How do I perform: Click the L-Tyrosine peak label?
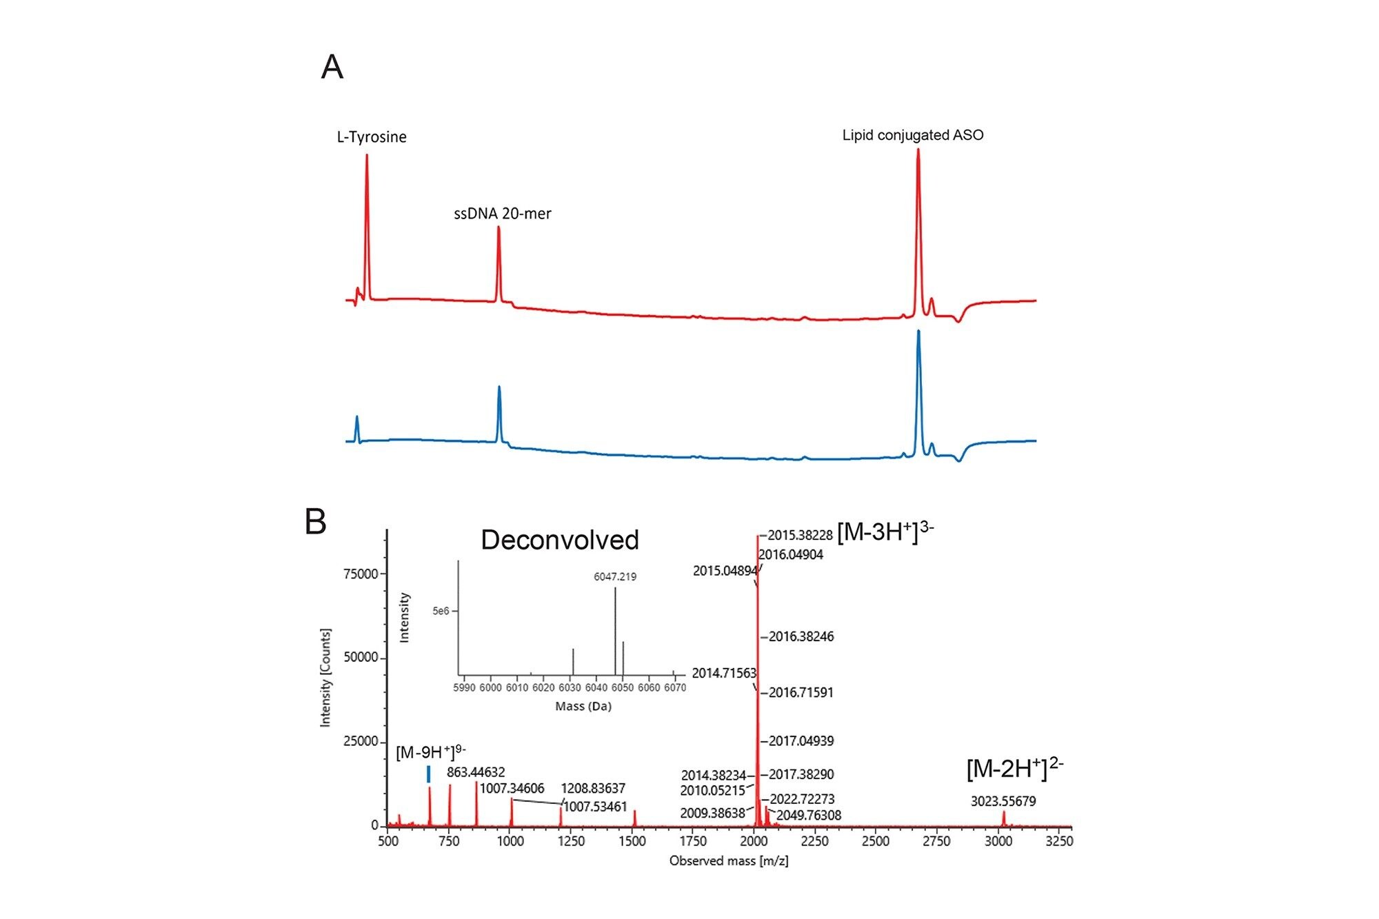pyautogui.click(x=372, y=137)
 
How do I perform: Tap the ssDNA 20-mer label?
pyautogui.click(x=502, y=214)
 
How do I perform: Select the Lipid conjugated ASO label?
pyautogui.click(x=912, y=135)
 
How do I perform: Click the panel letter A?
pyautogui.click(x=332, y=68)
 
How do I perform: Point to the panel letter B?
pyautogui.click(x=316, y=522)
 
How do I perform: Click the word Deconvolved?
pyautogui.click(x=559, y=540)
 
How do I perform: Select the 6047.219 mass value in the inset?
pyautogui.click(x=615, y=576)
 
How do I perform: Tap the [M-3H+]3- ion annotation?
pyautogui.click(x=885, y=533)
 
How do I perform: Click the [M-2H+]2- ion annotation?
pyautogui.click(x=1014, y=769)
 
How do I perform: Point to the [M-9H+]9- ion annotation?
pyautogui.click(x=430, y=751)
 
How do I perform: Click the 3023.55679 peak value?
pyautogui.click(x=1003, y=801)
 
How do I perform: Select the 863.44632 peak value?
pyautogui.click(x=476, y=772)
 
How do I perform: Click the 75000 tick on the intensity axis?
pyautogui.click(x=361, y=574)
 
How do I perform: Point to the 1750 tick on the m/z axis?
pyautogui.click(x=693, y=841)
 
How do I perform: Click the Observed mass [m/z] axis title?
pyautogui.click(x=728, y=861)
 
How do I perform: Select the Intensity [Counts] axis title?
pyautogui.click(x=325, y=677)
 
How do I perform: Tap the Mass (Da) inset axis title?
pyautogui.click(x=583, y=707)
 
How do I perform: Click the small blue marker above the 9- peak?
pyautogui.click(x=429, y=774)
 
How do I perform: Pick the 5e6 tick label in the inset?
pyautogui.click(x=441, y=611)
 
